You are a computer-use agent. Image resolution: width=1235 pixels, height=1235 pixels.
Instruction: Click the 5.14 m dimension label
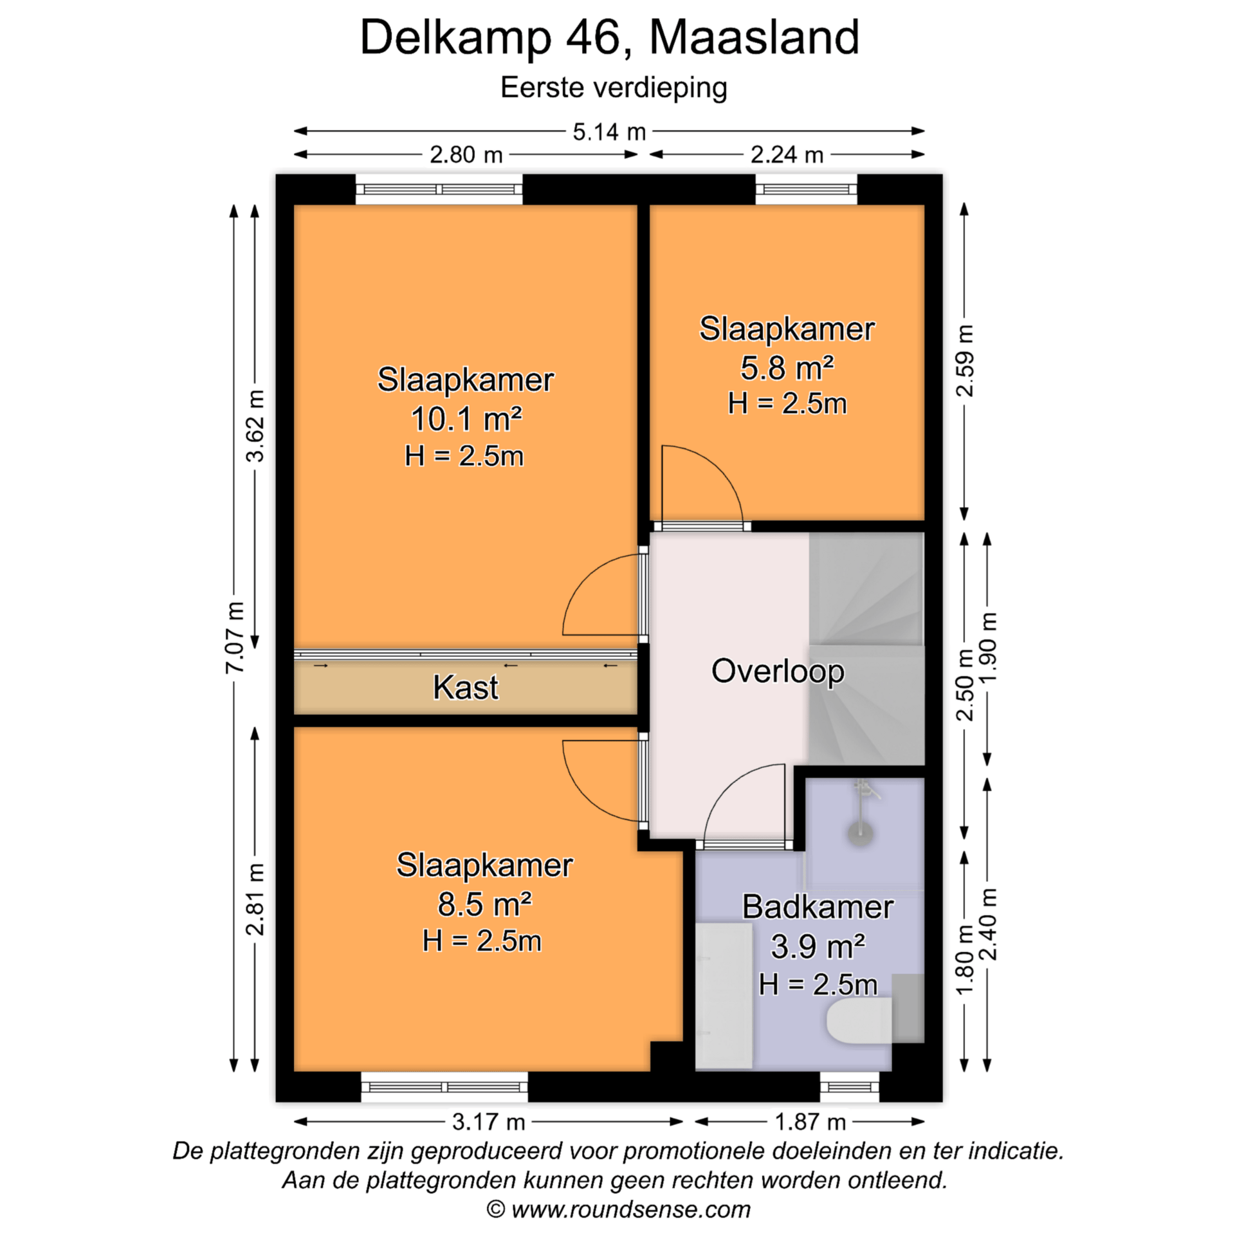608,132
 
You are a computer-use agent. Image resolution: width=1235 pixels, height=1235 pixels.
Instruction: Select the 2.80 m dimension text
466,155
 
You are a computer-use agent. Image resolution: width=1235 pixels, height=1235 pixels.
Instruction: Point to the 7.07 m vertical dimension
235,637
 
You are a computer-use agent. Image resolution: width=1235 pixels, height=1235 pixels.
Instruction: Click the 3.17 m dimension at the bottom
488,1122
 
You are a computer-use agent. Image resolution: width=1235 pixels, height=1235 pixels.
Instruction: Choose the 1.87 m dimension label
809,1122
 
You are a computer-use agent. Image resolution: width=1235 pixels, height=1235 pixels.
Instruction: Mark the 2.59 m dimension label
965,360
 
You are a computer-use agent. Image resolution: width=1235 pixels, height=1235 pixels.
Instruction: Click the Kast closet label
465,687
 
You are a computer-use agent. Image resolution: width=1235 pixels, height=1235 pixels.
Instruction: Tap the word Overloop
777,671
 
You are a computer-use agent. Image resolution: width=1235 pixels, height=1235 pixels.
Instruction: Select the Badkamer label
818,907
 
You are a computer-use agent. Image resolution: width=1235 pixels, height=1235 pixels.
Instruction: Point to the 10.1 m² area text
466,419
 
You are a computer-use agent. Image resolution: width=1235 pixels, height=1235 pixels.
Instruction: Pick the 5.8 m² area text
787,368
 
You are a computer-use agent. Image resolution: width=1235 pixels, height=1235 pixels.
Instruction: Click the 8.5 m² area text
484,904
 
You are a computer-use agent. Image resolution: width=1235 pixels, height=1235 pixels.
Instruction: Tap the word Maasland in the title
754,37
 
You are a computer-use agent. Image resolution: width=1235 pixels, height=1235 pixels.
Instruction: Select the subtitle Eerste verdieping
614,87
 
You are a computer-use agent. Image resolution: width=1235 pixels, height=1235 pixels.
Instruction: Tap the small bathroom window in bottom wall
849,1088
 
